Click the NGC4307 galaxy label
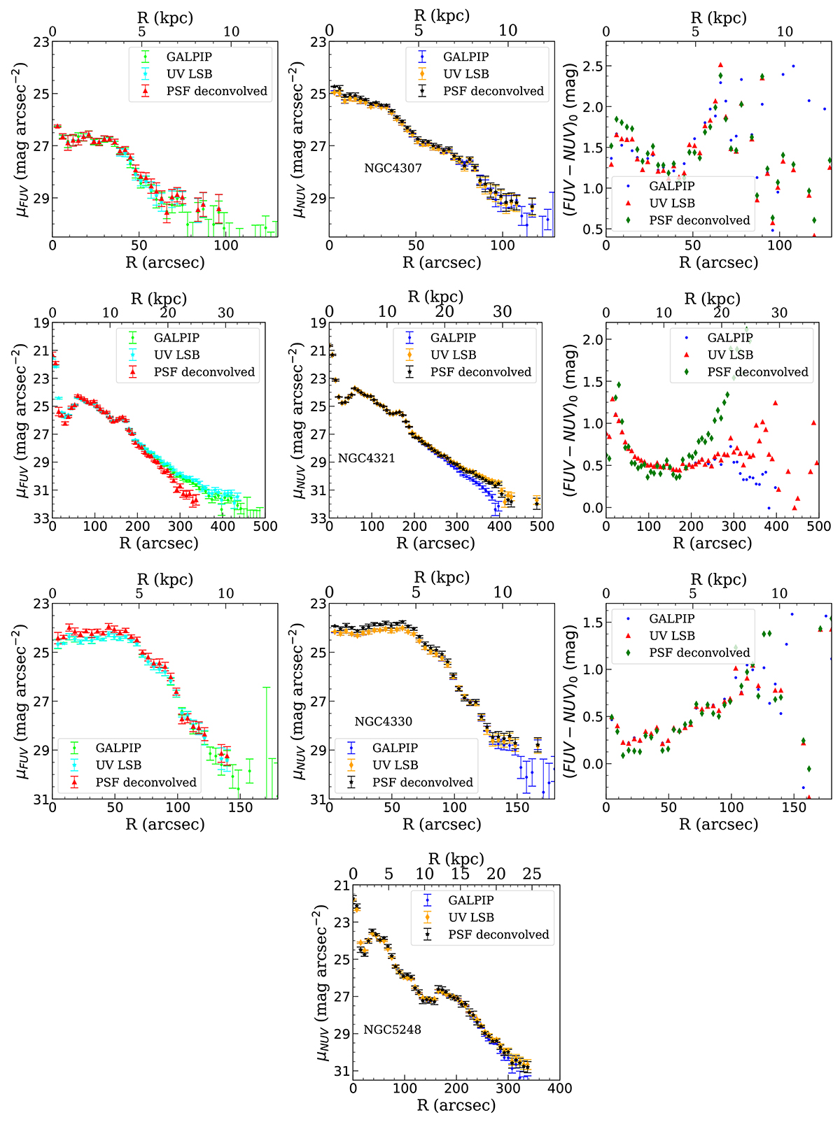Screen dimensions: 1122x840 pyautogui.click(x=393, y=168)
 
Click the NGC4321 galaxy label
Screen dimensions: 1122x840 pyautogui.click(x=366, y=458)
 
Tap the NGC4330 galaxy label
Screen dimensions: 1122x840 pyautogui.click(x=383, y=721)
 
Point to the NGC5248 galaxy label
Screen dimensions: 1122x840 pyautogui.click(x=392, y=1030)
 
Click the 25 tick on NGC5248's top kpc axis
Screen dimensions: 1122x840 pyautogui.click(x=532, y=874)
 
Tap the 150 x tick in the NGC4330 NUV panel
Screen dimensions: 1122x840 pyautogui.click(x=517, y=807)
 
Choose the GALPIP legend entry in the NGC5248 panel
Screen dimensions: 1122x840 pyautogui.click(x=470, y=900)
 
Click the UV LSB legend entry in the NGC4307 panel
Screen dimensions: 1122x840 pyautogui.click(x=465, y=73)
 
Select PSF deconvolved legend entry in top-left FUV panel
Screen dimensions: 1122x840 pyautogui.click(x=217, y=91)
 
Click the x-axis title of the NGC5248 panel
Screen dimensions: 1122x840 pyautogui.click(x=456, y=1105)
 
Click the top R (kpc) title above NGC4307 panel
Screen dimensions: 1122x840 pyautogui.click(x=442, y=15)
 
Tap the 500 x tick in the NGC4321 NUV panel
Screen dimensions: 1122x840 pyautogui.click(x=542, y=526)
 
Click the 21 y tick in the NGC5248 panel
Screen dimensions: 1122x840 pyautogui.click(x=341, y=886)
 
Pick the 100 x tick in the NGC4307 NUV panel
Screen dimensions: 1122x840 pyautogui.click(x=503, y=246)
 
